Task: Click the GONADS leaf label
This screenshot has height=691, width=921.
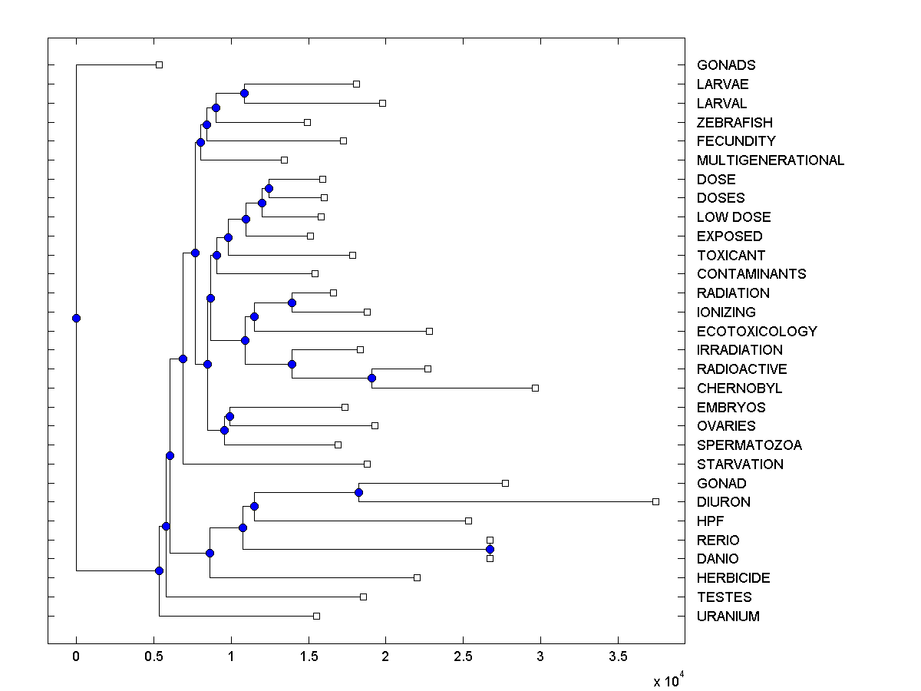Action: tap(726, 65)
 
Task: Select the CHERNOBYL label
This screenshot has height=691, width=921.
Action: tap(739, 388)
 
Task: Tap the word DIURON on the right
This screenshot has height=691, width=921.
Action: tap(723, 502)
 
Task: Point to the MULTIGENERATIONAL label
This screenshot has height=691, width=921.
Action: tap(770, 160)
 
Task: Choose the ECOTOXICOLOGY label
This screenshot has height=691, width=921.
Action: tap(757, 332)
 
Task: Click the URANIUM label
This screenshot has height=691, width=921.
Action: tap(728, 617)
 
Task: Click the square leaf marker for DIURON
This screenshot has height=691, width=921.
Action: tap(655, 501)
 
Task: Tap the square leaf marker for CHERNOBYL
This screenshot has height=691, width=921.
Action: tap(535, 388)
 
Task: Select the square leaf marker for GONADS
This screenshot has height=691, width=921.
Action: tap(159, 64)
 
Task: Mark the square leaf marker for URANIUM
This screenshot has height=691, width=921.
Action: tap(316, 616)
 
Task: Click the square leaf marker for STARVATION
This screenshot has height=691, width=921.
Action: tap(367, 464)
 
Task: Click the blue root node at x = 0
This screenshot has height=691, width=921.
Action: tap(76, 318)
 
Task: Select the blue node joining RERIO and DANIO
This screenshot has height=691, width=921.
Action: tap(490, 549)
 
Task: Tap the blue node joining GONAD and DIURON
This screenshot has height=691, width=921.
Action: tap(358, 492)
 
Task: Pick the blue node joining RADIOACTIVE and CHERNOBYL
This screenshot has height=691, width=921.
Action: tap(371, 378)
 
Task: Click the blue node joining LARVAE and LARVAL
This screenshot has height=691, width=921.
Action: tap(244, 93)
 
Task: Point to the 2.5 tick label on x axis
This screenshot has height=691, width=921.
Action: tap(463, 657)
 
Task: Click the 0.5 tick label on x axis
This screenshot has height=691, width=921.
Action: tap(153, 657)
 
